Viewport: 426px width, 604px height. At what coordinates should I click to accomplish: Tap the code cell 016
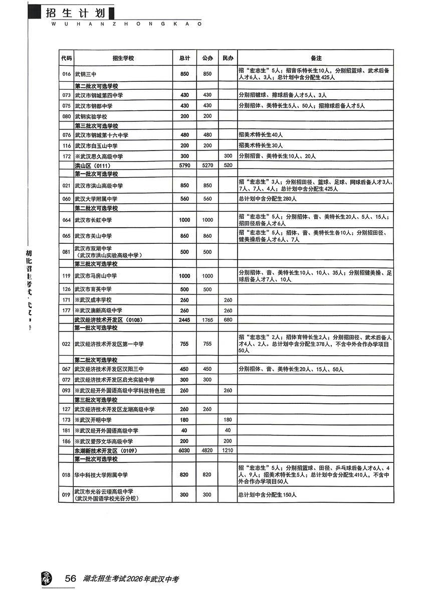pos(66,74)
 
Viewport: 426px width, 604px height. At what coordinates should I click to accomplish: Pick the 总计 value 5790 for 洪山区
pos(184,165)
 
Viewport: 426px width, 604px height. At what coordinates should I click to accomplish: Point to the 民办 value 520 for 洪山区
pos(228,165)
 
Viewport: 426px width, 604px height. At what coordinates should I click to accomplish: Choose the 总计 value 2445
pos(184,320)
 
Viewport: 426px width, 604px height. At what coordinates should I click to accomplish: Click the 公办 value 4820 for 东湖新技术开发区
pos(207,451)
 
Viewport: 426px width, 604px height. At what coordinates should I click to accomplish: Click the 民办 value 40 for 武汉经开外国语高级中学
pos(228,430)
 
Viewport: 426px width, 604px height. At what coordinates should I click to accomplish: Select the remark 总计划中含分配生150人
pos(268,495)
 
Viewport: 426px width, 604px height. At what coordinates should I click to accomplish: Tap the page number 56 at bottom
pos(70,579)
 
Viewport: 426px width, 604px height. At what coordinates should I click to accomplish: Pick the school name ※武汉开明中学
pos(93,419)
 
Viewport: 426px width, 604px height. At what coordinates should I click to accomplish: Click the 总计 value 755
pos(184,344)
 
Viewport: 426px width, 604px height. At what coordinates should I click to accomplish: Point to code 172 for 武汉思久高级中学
pos(66,157)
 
